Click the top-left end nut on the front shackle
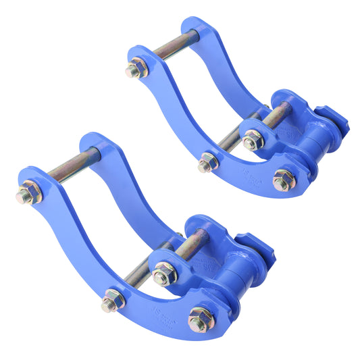tap(29, 195)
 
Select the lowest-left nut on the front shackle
tap(111, 301)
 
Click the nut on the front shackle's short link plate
tap(163, 274)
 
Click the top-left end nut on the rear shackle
tap(137, 69)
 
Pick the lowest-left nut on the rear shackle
tap(207, 162)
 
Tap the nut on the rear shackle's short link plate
tap(253, 140)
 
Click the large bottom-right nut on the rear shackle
tap(284, 180)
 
